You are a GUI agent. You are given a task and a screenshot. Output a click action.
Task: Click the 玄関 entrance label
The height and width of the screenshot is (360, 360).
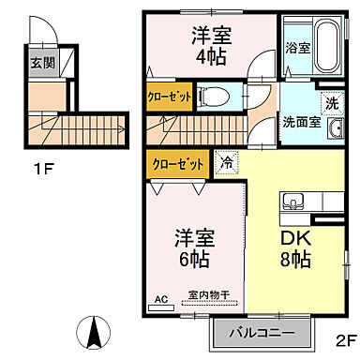coord(41,64)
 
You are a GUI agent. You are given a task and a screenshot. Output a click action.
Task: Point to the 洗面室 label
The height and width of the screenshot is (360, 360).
coord(302,121)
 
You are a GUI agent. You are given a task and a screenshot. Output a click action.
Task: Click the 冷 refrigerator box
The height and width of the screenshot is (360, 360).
coord(226,160)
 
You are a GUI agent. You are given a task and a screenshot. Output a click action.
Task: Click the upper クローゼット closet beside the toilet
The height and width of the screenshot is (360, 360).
coord(170,97)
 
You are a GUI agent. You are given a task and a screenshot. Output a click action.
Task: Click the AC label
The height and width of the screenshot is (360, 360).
coord(160,300)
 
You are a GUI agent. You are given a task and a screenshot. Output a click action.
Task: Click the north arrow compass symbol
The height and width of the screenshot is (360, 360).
coord(94,330)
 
